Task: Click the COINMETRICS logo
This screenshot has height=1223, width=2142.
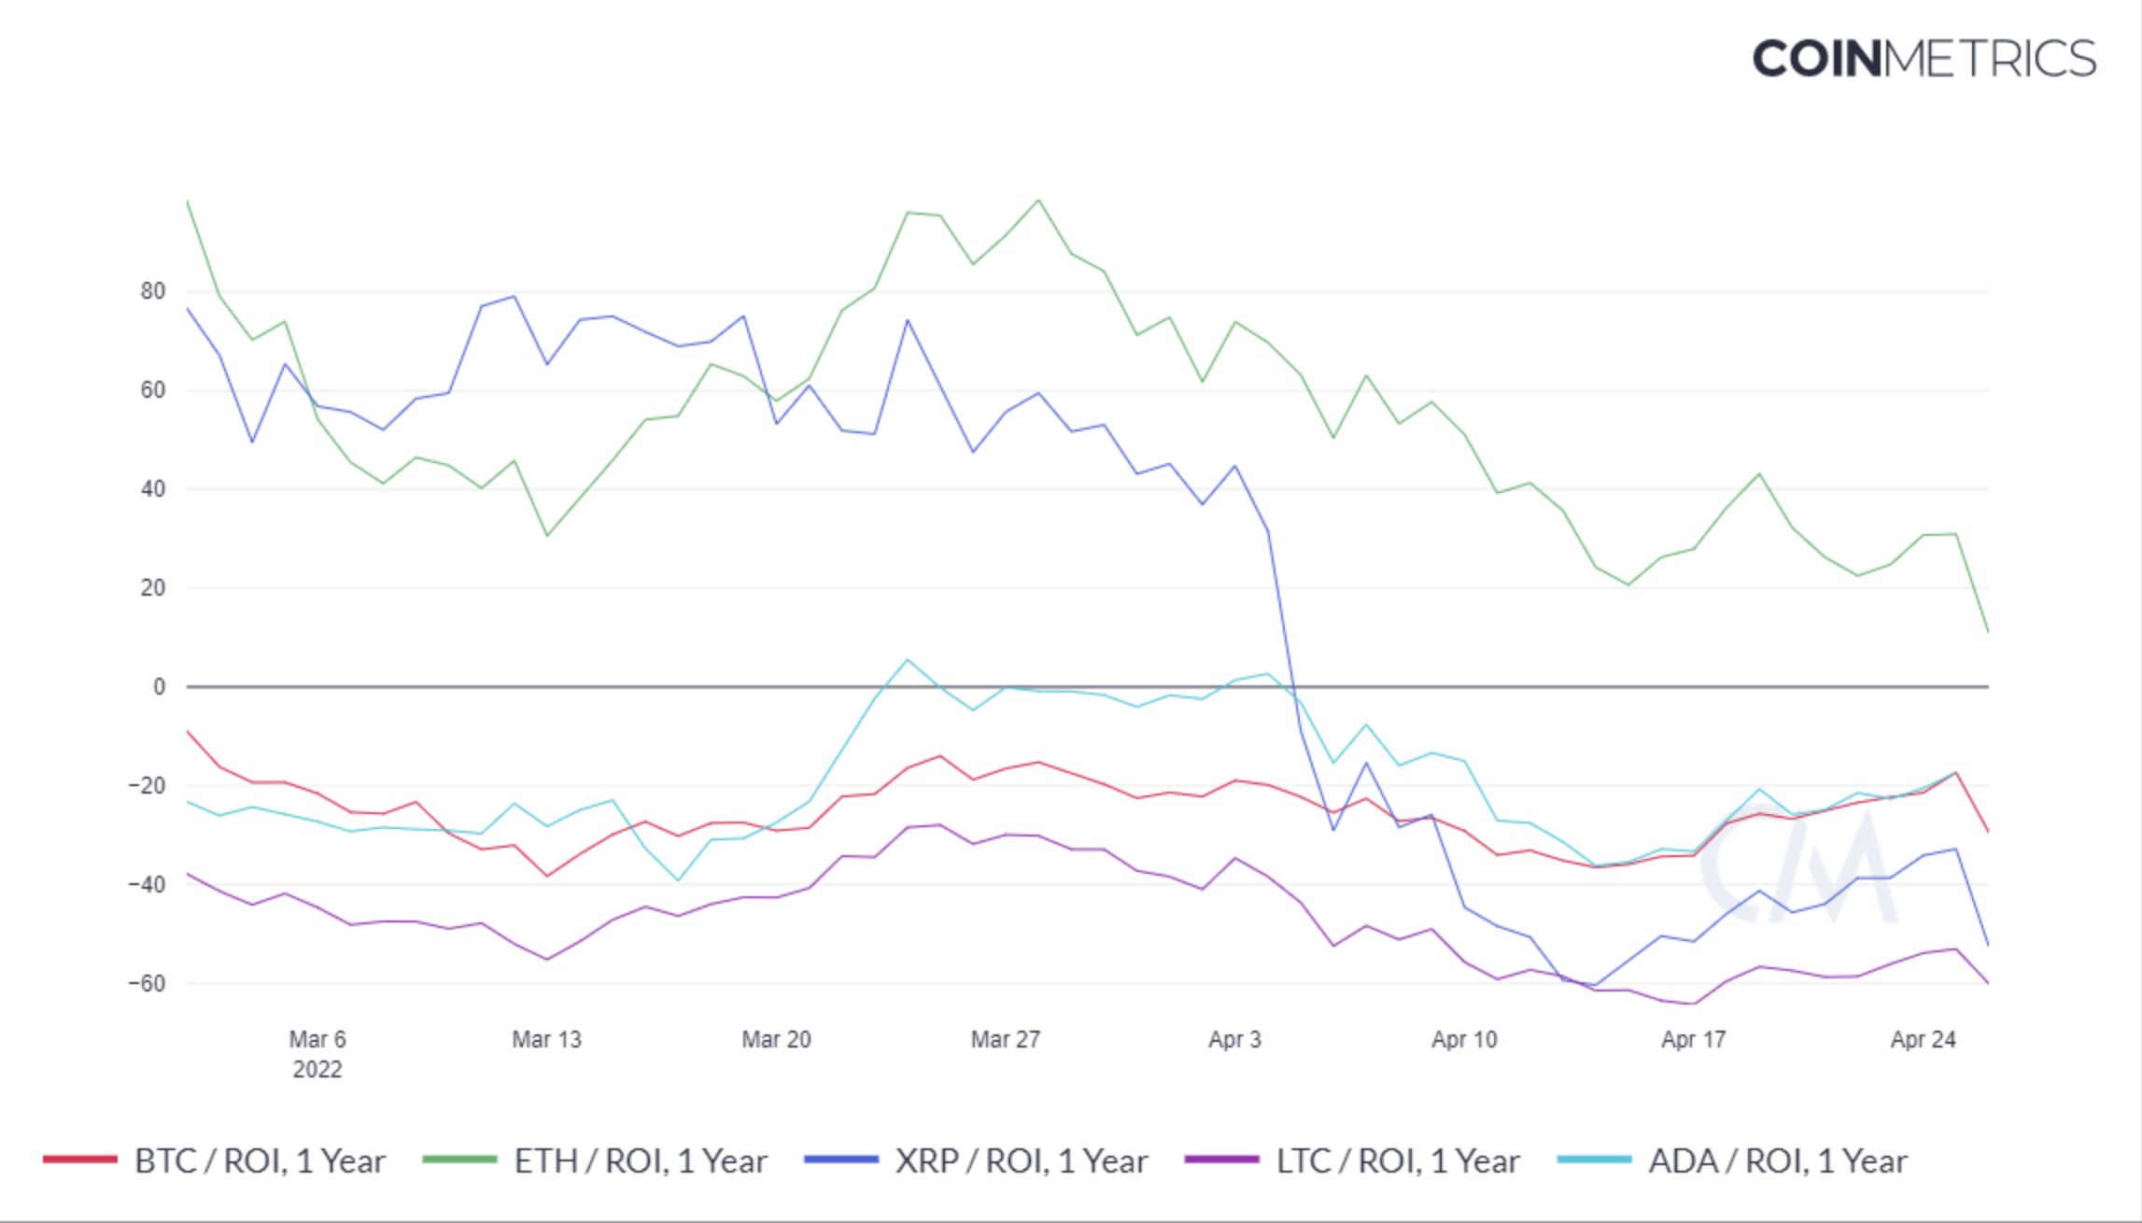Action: tap(1924, 59)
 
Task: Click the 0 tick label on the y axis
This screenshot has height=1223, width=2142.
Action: tap(160, 687)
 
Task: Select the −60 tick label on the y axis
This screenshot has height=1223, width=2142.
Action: tap(147, 983)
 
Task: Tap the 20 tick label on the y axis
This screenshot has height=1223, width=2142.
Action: tap(153, 588)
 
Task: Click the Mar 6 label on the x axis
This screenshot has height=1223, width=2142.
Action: tap(317, 1039)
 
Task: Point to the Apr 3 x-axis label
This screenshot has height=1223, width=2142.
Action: tap(1234, 1039)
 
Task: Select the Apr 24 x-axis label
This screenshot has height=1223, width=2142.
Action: tap(1923, 1039)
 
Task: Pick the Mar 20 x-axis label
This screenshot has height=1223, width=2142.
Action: tap(776, 1039)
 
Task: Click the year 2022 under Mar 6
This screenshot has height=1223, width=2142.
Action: tap(317, 1070)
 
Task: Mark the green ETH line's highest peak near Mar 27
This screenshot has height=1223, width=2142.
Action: tap(1038, 200)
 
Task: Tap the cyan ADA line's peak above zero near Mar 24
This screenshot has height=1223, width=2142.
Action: tap(908, 660)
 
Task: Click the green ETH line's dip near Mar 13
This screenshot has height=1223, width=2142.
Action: tap(547, 536)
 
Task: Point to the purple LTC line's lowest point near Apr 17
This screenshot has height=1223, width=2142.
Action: tap(1694, 1004)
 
